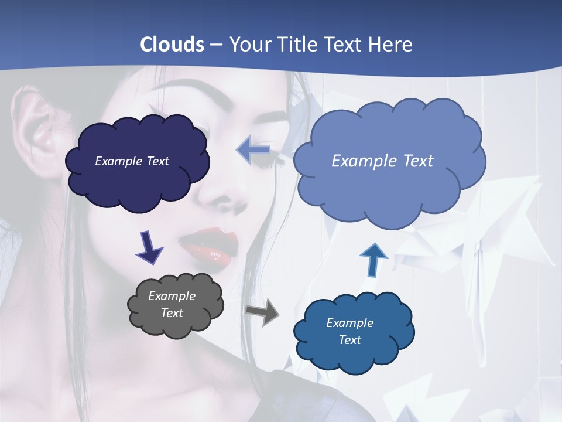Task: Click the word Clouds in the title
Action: tap(172, 45)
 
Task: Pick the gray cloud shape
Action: tap(176, 325)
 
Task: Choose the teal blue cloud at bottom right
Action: tap(354, 358)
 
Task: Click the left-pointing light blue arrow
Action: tap(252, 150)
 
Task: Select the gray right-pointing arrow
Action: tap(262, 312)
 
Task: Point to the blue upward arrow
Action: tap(373, 260)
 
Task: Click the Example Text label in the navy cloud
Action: tap(132, 161)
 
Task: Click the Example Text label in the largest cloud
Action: tap(382, 161)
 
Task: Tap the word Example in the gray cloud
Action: tap(172, 296)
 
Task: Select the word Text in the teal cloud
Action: tap(349, 340)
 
